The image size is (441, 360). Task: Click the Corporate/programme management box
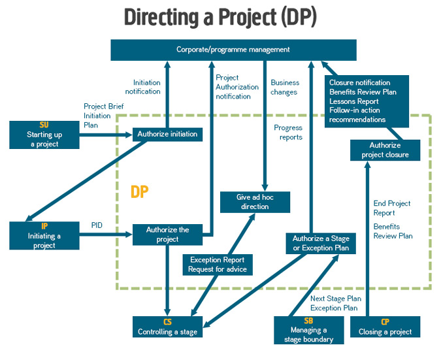233,50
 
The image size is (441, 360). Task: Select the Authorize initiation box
167,134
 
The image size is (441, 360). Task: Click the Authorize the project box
167,235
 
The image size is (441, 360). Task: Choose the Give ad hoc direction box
254,202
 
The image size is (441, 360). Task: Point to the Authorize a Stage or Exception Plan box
321,242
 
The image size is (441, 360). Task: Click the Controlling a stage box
167,327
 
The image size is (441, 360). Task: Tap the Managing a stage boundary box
308,330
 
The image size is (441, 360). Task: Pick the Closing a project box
385,327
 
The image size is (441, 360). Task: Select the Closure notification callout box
367,101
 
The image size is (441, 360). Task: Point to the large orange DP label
139,192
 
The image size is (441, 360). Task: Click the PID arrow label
97,225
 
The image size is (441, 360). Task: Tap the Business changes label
285,88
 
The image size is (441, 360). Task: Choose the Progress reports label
288,133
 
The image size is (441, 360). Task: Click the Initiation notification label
147,87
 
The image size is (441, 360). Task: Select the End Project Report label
392,208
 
